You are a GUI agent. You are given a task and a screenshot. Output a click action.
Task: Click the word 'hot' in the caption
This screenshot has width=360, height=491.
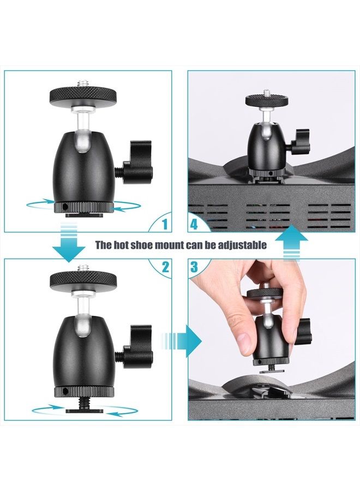[123, 245]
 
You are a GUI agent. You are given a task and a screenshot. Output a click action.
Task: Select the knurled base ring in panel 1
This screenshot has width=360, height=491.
[85, 207]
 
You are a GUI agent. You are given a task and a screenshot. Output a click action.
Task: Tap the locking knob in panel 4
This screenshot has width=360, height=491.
[299, 139]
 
